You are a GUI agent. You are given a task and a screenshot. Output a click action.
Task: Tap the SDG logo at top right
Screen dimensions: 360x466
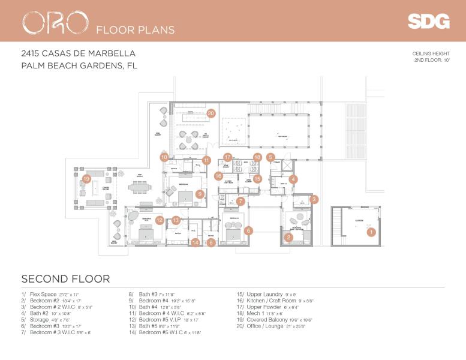point(428,22)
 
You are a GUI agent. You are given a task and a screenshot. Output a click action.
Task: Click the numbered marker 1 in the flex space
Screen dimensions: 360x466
point(371,231)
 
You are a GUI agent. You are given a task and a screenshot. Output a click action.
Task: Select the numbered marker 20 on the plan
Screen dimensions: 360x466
point(211,112)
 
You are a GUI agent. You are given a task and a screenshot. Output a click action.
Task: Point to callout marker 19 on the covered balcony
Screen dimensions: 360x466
point(87,178)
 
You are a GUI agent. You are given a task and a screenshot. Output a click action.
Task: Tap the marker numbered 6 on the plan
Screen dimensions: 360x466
point(248,230)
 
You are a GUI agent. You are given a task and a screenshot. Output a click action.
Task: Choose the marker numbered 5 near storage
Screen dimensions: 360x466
point(270,157)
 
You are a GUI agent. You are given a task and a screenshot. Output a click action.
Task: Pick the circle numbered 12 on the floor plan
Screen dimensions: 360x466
point(160,220)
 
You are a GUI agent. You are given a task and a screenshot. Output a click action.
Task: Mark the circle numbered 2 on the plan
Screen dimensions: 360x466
point(288,238)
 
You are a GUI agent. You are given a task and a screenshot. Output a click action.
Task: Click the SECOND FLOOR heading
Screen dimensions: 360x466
point(65,278)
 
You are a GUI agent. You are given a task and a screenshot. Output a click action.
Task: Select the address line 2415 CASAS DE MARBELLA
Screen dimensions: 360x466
point(78,53)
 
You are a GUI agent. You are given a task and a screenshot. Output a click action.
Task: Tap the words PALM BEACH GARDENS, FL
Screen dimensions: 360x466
point(79,66)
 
